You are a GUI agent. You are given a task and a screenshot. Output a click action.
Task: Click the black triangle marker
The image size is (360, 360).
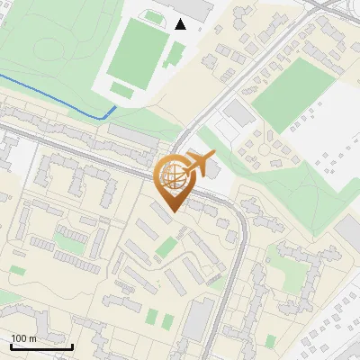pos(181,24)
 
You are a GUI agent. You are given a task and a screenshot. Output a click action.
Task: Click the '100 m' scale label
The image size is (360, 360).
pos(23,338)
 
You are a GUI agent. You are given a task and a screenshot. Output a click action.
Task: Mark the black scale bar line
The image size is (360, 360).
pos(41,346)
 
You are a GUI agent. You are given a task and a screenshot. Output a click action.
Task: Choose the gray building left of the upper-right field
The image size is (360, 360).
pos(238,113)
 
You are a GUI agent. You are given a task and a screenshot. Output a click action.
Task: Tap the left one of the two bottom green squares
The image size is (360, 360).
pos(152,317)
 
